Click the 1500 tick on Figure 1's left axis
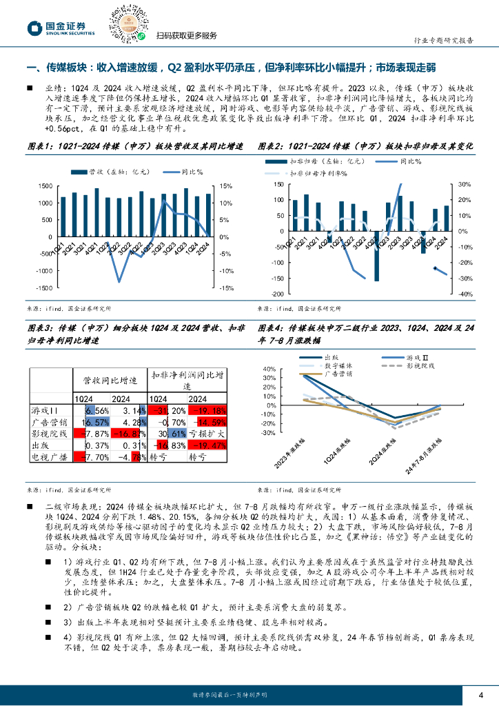point(45,186)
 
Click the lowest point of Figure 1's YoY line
point(119,281)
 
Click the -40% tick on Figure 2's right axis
point(463,294)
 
